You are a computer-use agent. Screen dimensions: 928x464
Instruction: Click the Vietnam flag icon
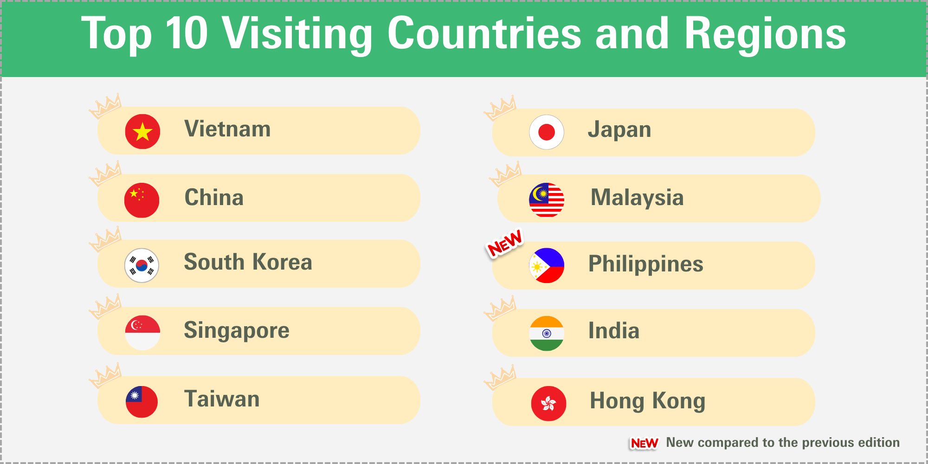142,131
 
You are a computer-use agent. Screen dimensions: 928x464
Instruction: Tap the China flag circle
142,200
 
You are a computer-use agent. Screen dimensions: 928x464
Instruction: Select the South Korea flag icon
142,265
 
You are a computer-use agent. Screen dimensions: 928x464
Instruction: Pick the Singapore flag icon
142,333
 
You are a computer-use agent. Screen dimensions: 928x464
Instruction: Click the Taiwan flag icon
142,402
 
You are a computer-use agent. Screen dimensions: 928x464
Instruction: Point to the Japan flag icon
547,132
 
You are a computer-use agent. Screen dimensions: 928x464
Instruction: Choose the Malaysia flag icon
547,200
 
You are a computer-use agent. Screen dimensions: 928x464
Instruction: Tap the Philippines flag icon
547,265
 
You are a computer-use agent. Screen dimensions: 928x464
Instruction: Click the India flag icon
547,333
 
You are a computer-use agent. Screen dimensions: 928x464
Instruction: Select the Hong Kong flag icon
548,404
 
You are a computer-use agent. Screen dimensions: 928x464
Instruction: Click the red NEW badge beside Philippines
505,243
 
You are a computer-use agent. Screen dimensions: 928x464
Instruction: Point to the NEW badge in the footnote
644,444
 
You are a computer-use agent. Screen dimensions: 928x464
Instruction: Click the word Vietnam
227,129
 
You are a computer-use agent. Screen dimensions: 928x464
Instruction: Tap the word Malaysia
637,198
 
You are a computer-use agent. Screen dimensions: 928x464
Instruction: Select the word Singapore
237,331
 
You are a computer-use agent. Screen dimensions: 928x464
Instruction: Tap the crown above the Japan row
500,108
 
